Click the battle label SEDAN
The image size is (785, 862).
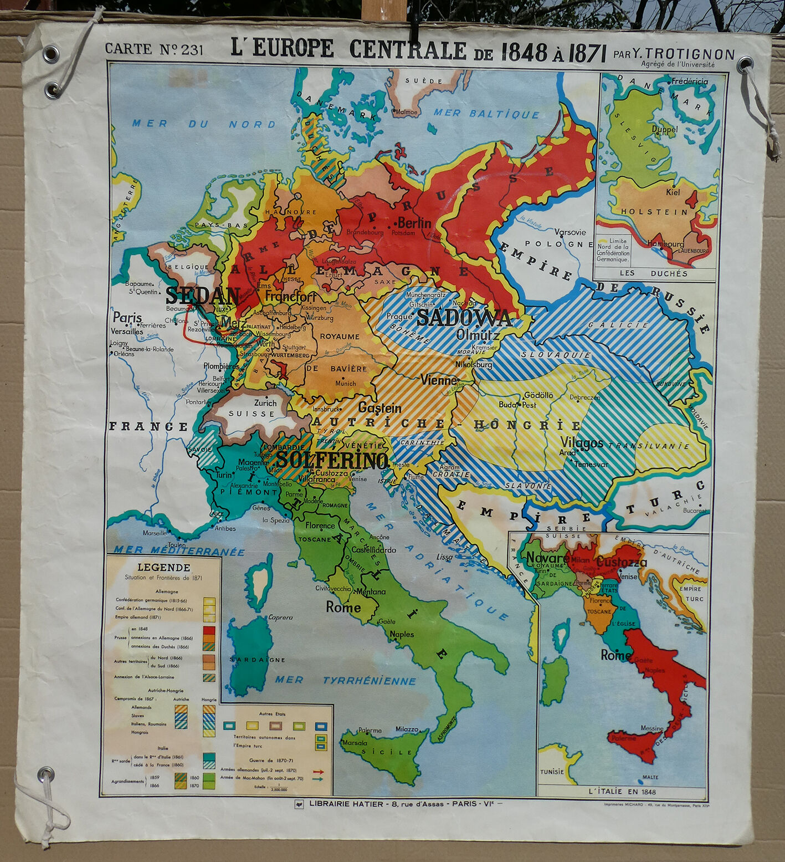[203, 296]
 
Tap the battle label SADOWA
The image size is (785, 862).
[464, 318]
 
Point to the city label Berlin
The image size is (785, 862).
[414, 223]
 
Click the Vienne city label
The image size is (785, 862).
[439, 380]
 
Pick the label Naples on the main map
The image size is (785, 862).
[402, 634]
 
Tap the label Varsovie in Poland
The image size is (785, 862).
[570, 232]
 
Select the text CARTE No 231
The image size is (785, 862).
[154, 49]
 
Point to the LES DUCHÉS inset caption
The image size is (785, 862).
[653, 273]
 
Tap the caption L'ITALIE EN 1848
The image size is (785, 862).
[622, 791]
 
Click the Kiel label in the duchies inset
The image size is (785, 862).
[673, 192]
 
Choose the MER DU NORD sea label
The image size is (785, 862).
[203, 124]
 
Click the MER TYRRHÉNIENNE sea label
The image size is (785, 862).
[345, 680]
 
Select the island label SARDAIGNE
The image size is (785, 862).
[258, 660]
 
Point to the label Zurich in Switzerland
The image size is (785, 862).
[265, 403]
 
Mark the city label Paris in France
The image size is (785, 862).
[127, 318]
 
